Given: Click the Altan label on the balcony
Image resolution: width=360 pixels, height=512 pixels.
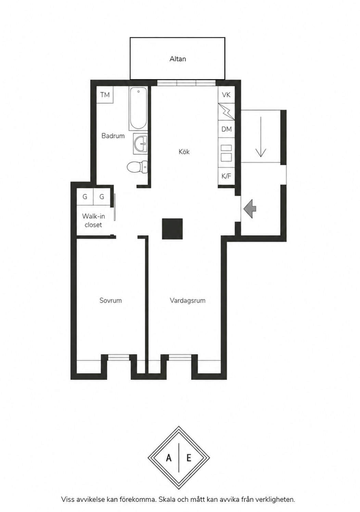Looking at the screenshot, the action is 178,59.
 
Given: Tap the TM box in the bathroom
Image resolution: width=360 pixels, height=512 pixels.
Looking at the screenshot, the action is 105,95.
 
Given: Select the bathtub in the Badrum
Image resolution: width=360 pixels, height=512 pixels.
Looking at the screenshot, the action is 138,109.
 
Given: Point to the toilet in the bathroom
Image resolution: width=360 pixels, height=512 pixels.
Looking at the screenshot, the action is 137,167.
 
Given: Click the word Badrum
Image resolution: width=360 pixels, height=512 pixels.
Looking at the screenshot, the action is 113,136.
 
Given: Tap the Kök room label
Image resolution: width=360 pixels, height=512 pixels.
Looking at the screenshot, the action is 184,151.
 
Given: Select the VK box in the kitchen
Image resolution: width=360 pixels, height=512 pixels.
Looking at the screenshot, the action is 226,95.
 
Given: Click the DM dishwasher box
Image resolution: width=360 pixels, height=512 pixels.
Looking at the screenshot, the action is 227,129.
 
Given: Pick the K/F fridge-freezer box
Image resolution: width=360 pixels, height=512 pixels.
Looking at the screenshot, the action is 227,176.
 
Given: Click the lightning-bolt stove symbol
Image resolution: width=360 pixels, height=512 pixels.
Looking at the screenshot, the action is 227,112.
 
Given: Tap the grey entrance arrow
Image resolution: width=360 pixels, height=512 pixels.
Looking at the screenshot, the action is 250,209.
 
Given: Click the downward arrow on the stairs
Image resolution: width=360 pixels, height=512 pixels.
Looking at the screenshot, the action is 261,137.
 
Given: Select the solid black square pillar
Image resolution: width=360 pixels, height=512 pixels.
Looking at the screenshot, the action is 172,229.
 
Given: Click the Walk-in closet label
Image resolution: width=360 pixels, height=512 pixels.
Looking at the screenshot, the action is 93,220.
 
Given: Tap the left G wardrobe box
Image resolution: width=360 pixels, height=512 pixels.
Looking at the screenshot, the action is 85,197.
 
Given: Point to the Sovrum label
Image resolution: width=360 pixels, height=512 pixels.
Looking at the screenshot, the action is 111,300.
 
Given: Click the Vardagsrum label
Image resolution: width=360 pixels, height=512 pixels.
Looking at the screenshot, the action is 188,300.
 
